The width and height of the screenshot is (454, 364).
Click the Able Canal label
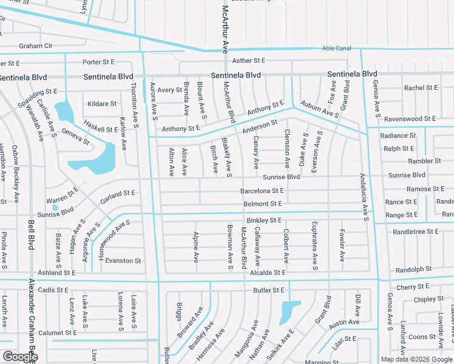click(336, 48)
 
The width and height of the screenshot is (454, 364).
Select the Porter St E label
click(98, 62)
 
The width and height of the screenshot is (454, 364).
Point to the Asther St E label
click(249, 61)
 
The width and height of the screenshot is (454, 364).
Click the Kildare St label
click(102, 104)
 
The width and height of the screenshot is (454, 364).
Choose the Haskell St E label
click(100, 129)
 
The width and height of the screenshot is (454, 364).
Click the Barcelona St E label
click(262, 190)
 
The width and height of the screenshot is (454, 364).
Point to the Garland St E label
click(117, 193)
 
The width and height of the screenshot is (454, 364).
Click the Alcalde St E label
click(266, 273)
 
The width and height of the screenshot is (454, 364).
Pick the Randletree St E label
click(416, 232)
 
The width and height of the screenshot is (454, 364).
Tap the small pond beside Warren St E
click(55, 207)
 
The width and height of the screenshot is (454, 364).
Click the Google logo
click(19, 357)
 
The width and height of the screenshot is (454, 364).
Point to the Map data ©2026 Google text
click(416, 359)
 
